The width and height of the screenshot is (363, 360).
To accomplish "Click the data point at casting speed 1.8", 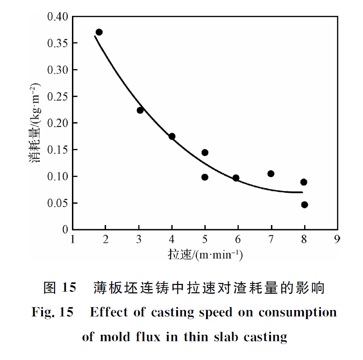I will [99, 32].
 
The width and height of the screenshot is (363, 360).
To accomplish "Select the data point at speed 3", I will [140, 110].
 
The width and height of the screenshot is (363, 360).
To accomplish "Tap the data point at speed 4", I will [172, 136].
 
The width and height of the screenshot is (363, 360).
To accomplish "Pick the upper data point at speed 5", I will [205, 153].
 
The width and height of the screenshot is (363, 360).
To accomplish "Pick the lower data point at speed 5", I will [205, 177].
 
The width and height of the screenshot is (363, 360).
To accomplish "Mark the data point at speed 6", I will [236, 178].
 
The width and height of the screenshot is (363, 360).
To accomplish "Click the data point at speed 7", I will [270, 174].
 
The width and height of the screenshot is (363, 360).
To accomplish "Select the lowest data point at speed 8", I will [305, 205].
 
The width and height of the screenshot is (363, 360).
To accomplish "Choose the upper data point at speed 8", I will [304, 182].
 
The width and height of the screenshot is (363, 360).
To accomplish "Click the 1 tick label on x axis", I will [73, 240].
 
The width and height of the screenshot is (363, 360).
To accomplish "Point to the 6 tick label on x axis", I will [238, 240].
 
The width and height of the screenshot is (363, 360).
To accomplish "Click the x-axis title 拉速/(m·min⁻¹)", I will [205, 255].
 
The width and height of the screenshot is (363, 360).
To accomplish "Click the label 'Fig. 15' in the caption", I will [52, 312].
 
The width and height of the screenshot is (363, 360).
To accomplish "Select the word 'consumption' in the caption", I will [298, 312].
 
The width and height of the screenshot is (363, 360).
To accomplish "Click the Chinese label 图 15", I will [59, 288].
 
